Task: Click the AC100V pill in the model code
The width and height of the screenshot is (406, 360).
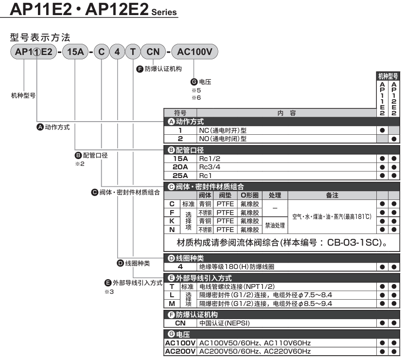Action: click(194, 52)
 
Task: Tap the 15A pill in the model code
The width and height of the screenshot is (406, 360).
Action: click(75, 52)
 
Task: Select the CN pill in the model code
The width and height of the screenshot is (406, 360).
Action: click(153, 52)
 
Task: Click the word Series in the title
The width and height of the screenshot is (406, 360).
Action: click(164, 12)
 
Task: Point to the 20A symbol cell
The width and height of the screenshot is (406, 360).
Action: click(180, 167)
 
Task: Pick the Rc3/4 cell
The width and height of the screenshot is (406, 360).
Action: click(210, 167)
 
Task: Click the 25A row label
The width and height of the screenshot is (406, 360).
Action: click(180, 176)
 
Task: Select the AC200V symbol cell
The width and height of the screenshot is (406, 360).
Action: click(180, 351)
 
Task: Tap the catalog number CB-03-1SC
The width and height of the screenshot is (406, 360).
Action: click(354, 242)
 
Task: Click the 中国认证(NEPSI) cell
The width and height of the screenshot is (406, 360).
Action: click(225, 323)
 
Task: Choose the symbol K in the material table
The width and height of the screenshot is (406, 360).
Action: click(172, 221)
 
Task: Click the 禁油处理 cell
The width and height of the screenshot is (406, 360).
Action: click(275, 225)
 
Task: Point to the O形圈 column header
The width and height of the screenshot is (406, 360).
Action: click(249, 195)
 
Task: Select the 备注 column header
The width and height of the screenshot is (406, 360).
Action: click(332, 195)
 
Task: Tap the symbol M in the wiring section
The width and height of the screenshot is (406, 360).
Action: click(172, 304)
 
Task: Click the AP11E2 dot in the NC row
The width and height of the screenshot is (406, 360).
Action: click(382, 130)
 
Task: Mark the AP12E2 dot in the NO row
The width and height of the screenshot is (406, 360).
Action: click(394, 139)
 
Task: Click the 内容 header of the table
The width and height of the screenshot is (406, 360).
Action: click(286, 113)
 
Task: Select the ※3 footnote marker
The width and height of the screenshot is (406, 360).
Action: click(109, 291)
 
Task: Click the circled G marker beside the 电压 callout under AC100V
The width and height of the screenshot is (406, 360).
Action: click(194, 82)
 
